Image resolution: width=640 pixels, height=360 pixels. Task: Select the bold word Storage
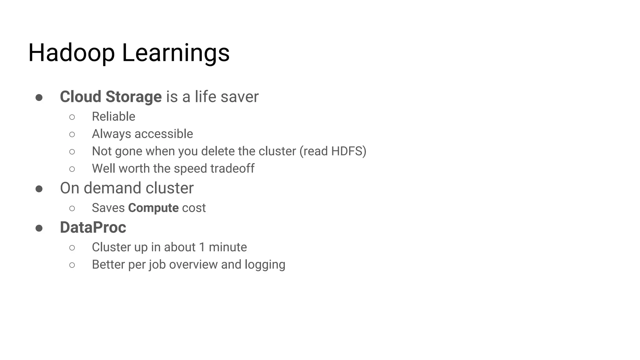pos(133,97)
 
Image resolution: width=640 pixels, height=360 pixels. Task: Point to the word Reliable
pos(113,117)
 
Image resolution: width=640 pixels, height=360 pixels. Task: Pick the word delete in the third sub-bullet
pos(218,151)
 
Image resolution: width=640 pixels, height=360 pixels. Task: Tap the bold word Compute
pos(153,208)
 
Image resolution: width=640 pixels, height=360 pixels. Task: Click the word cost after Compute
pos(194,208)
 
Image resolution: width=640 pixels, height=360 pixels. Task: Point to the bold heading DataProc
pos(93,227)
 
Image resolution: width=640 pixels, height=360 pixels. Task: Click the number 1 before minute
pos(202,247)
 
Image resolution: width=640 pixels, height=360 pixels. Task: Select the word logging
pos(265,265)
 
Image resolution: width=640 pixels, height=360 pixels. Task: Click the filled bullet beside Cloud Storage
pos(39,98)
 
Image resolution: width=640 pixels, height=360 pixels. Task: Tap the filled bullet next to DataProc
pos(39,228)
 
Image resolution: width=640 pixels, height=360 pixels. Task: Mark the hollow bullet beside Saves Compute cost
pos(72,208)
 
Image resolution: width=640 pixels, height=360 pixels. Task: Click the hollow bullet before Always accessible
pos(72,134)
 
